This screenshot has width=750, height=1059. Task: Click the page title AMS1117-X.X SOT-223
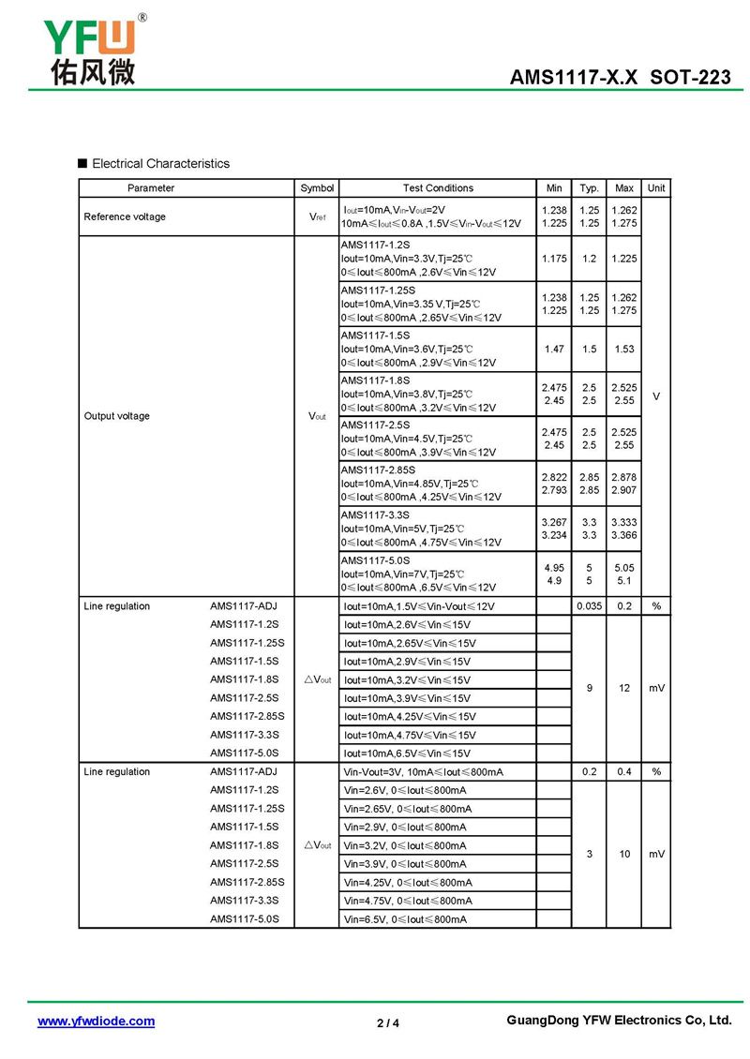(620, 78)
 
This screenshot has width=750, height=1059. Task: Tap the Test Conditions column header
(438, 188)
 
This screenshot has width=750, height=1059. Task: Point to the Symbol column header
(317, 188)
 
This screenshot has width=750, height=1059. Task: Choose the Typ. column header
(589, 188)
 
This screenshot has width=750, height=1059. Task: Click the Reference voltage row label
(125, 216)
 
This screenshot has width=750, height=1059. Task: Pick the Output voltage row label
(116, 416)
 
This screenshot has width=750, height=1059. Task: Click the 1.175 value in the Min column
(554, 258)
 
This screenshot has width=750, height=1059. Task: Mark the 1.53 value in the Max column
(624, 349)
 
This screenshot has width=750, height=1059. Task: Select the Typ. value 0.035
(589, 606)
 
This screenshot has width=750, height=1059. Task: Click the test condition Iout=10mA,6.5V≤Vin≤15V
(410, 753)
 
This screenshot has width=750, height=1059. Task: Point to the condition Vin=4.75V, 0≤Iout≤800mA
(408, 901)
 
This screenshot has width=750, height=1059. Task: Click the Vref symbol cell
(317, 216)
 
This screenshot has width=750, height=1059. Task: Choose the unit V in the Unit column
(656, 396)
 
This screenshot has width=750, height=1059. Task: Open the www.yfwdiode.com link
(96, 1022)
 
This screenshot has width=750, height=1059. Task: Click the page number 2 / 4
(387, 1023)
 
